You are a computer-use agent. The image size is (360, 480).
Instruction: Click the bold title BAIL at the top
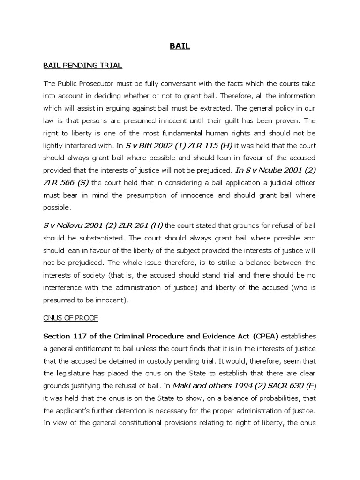[180, 47]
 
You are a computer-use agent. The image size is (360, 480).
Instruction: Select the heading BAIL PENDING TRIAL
[82, 66]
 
